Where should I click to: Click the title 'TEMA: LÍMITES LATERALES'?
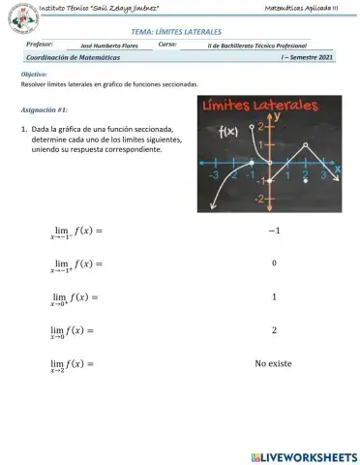tap(179, 32)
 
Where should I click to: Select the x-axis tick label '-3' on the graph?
tap(213, 176)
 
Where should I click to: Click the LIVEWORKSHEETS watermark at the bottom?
tap(303, 455)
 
